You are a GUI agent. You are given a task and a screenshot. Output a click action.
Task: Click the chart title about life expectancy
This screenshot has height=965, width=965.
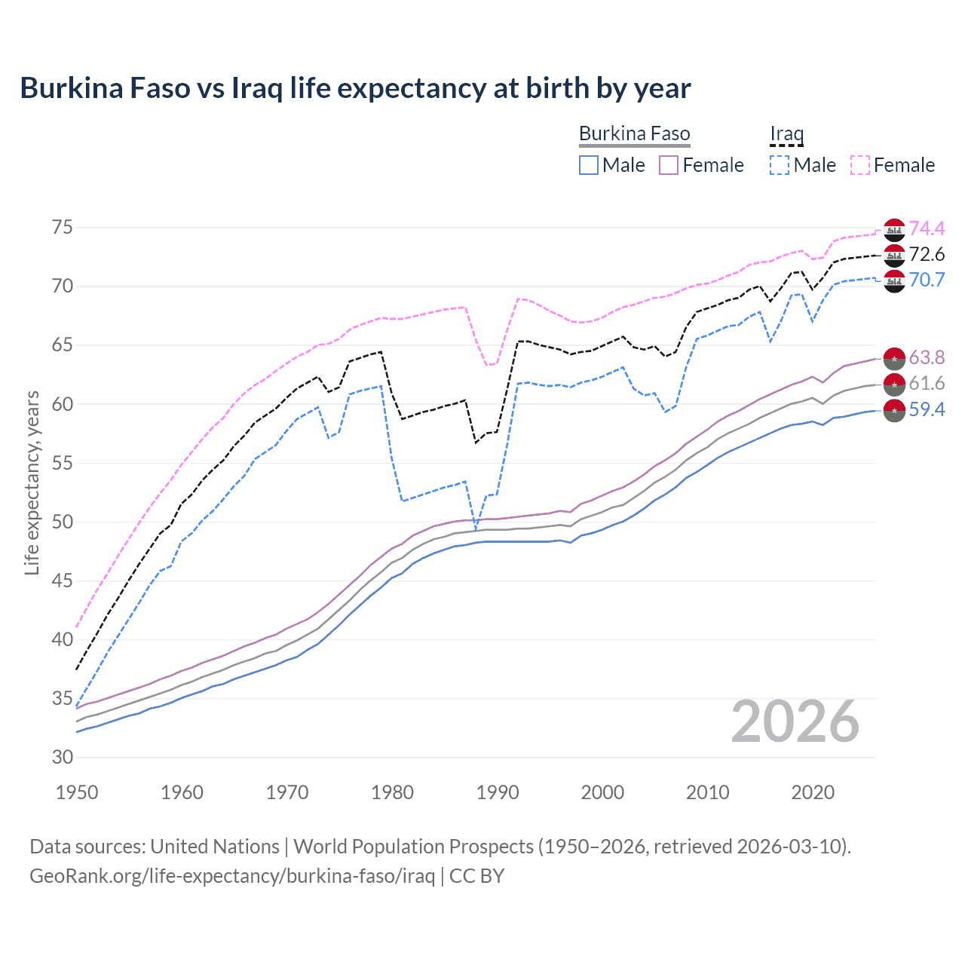coord(355,88)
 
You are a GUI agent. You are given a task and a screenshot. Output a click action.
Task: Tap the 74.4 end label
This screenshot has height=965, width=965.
coord(927,228)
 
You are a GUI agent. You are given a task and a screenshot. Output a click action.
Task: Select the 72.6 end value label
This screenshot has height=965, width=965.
coord(927,255)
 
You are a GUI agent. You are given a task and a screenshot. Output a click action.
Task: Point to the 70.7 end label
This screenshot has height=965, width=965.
coord(927,280)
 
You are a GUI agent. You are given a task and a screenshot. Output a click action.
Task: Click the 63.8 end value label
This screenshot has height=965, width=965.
coord(927,357)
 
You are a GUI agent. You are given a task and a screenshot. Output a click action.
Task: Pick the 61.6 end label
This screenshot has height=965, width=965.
coord(927,384)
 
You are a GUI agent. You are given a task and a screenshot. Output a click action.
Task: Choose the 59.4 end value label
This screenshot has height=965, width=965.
coord(927,409)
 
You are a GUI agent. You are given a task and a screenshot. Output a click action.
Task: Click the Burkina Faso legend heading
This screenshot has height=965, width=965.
coord(634,134)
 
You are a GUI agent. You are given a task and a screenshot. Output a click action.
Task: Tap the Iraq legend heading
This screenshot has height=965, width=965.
coord(786,134)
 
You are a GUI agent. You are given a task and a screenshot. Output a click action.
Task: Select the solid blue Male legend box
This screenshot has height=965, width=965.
coord(589,165)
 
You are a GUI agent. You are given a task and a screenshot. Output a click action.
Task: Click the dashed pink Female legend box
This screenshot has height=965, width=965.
coord(860,165)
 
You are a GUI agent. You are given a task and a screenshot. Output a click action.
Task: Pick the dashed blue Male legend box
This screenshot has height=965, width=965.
coord(780,165)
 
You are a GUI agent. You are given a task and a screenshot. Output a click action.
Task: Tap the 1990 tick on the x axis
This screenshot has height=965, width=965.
coord(498,792)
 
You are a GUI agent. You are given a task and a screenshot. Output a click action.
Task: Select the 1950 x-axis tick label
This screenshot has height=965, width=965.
coord(77,792)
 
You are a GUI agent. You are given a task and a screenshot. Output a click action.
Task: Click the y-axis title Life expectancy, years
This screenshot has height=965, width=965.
coord(32,482)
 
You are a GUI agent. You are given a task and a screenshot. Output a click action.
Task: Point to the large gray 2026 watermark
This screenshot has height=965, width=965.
coord(795,721)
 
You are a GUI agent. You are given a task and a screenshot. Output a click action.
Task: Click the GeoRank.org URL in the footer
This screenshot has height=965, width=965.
coord(232,876)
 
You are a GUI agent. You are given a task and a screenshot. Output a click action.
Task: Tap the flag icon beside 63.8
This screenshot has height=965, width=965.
coord(894,358)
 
